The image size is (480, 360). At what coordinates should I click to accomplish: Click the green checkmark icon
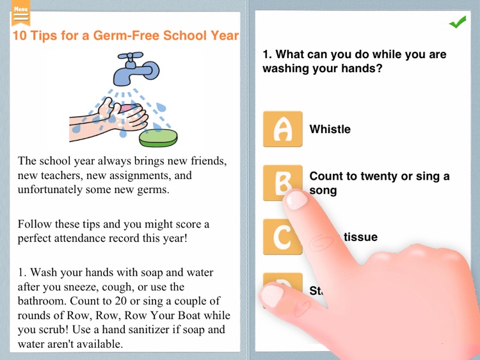pyautogui.click(x=457, y=23)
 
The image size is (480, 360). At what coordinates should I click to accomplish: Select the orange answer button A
pyautogui.click(x=282, y=129)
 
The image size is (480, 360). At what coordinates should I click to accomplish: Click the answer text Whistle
pyautogui.click(x=330, y=129)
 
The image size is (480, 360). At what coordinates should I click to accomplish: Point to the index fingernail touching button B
pyautogui.click(x=296, y=200)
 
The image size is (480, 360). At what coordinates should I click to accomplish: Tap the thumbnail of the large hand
pyautogui.click(x=272, y=295)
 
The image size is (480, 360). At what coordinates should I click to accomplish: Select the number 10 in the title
pyautogui.click(x=20, y=36)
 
